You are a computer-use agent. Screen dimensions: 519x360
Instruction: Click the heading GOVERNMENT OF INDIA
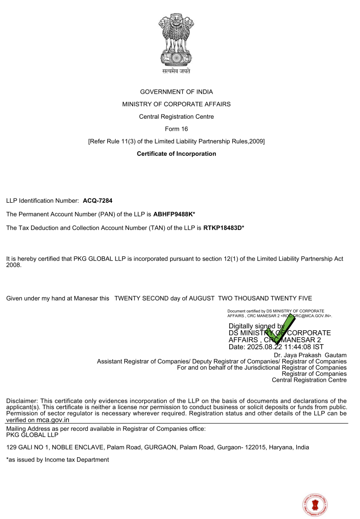pos(176,92)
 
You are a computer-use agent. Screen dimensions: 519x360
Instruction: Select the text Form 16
pos(176,129)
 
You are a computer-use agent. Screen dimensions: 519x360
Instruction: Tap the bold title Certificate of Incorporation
pos(176,154)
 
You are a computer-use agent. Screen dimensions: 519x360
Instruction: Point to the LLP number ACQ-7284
pos(97,201)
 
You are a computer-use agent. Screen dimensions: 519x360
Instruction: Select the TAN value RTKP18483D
pos(222,228)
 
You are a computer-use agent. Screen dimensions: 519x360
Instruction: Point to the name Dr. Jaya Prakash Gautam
pos(310,355)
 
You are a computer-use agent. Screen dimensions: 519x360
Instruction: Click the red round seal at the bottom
pos(315,505)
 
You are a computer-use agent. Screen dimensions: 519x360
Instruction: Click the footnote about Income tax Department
pos(58,460)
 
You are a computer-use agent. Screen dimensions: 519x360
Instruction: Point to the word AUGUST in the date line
pos(201,298)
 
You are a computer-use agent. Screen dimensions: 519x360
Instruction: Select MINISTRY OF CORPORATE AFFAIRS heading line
pos(176,104)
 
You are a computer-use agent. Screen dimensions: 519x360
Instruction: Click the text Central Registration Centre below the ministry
pos(176,117)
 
